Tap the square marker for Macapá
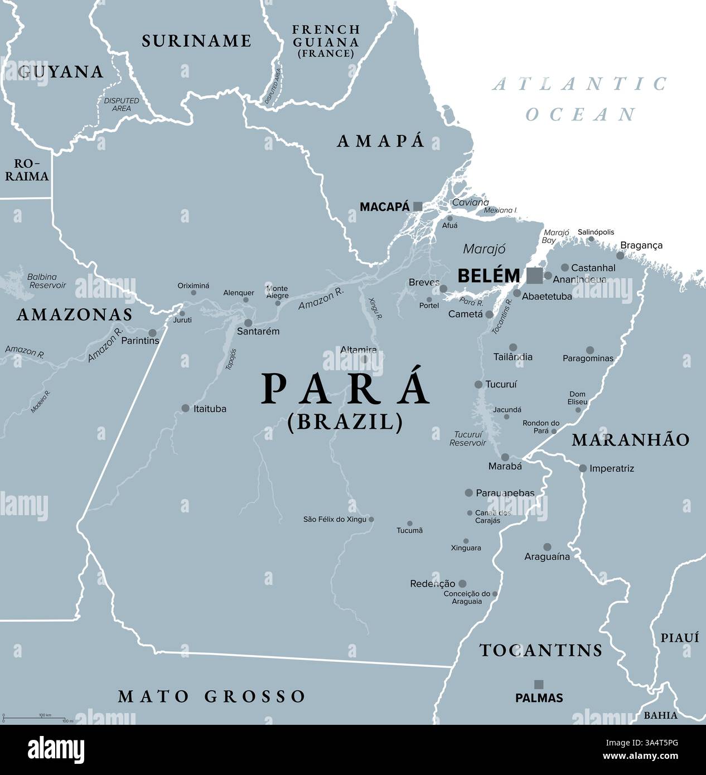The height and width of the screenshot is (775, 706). tap(417, 207)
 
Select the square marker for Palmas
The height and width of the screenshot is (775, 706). tap(539, 684)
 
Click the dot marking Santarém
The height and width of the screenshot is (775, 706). tap(249, 323)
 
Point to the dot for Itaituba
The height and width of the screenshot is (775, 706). tap(185, 408)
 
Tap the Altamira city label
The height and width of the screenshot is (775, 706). tap(359, 350)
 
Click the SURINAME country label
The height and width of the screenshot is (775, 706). tap(196, 41)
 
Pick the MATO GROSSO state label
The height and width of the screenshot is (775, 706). tap(212, 696)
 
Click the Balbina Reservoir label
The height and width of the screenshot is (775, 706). tap(46, 281)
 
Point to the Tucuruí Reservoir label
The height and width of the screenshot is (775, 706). tap(467, 438)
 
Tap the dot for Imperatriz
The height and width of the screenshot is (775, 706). tap(583, 468)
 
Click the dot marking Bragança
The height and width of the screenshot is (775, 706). tap(620, 255)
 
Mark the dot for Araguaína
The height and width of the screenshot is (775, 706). tap(547, 547)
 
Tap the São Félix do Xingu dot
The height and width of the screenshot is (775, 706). tap(371, 519)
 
